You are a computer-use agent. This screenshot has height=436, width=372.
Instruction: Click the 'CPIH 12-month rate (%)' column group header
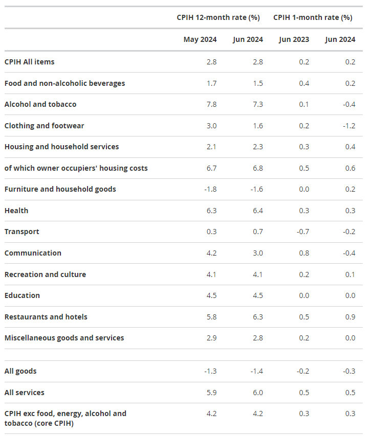(218, 17)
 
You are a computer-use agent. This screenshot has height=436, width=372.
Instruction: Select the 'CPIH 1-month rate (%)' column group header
(313, 17)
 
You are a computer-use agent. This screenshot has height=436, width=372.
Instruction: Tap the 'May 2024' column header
(200, 39)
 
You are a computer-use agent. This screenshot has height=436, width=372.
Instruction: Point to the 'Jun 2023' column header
(294, 39)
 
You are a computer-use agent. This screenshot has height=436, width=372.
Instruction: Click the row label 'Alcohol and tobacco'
(40, 104)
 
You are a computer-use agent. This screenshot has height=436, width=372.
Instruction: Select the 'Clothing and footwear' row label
(45, 126)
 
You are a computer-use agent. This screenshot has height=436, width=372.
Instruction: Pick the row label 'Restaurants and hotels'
(46, 317)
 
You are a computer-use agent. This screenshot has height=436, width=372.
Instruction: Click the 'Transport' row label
(21, 232)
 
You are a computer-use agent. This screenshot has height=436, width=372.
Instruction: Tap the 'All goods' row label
(20, 371)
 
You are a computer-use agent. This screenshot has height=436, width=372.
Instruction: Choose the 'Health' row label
(16, 211)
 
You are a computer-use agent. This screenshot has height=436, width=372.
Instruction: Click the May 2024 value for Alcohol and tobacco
(212, 104)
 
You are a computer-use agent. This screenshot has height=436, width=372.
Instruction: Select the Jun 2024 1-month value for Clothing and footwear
(349, 126)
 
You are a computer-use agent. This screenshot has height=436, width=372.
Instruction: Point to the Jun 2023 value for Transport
(303, 232)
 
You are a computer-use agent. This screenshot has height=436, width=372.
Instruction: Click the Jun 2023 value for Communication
(304, 253)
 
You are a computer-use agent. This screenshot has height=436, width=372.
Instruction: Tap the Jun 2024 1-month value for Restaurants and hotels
(351, 317)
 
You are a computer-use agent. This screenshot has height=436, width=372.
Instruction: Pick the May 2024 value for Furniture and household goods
(210, 189)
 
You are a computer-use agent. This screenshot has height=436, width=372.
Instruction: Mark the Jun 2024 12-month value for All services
(258, 393)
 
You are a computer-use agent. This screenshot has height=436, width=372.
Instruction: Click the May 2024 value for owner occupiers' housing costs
(212, 168)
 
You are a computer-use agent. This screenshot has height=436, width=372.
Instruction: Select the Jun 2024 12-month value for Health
(258, 211)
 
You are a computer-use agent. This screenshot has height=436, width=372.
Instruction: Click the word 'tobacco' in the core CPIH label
(18, 423)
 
